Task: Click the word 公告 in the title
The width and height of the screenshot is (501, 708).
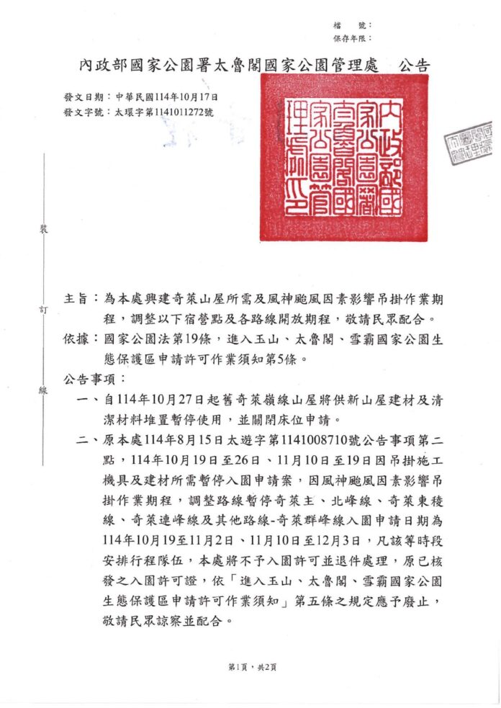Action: click(414, 66)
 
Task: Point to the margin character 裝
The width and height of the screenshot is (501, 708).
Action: click(42, 230)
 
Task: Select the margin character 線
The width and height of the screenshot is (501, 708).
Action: click(42, 391)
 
